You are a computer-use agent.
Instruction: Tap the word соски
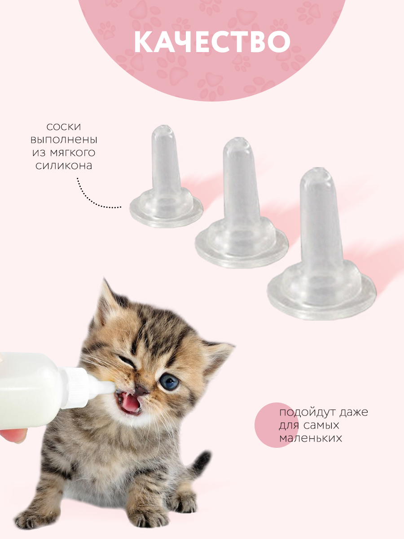tap(64, 127)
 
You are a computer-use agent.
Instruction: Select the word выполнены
tap(64, 140)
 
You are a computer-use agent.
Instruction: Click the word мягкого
tap(73, 153)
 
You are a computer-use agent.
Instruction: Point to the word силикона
tap(64, 166)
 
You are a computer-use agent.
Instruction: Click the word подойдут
tap(307, 412)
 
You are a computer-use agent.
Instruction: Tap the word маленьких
tap(311, 438)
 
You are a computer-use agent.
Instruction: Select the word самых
tap(321, 425)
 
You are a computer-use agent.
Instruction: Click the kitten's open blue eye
tap(169, 382)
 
